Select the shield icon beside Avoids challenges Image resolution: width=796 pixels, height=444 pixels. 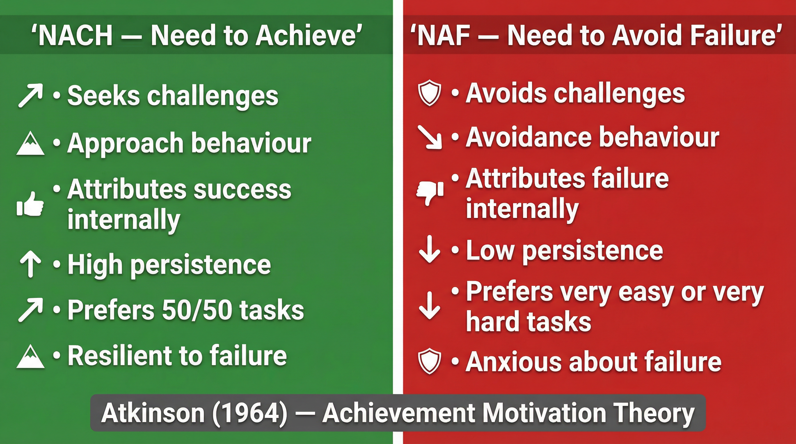pyautogui.click(x=429, y=92)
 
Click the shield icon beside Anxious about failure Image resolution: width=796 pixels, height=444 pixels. pyautogui.click(x=429, y=361)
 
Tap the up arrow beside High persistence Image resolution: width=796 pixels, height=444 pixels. pyautogui.click(x=30, y=264)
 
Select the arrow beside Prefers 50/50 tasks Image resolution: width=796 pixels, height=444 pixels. pyautogui.click(x=30, y=310)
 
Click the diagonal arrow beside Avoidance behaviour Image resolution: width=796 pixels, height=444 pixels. pyautogui.click(x=429, y=137)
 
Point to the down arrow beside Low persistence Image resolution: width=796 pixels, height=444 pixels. pyautogui.click(x=429, y=249)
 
